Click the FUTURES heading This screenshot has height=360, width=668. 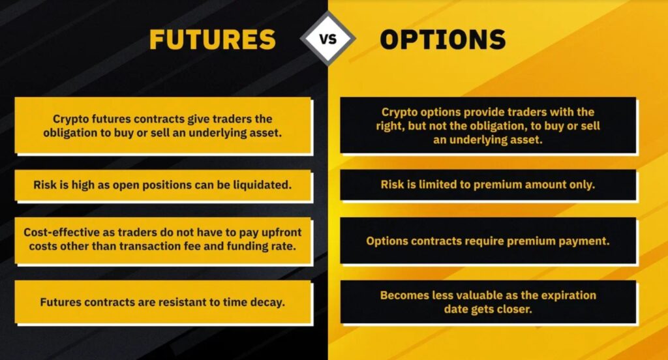click(x=213, y=40)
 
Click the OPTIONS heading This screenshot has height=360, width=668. click(x=443, y=40)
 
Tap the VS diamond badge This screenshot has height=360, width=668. click(x=327, y=38)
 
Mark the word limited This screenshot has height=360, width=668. click(x=436, y=185)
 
